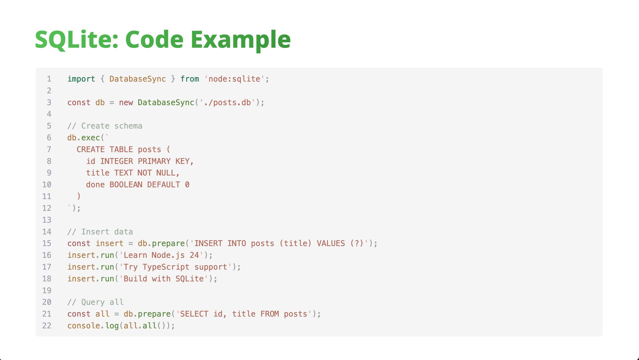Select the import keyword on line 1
[x=81, y=79]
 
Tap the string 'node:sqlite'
[x=234, y=79]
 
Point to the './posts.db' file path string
[x=227, y=103]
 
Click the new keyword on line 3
[x=126, y=103]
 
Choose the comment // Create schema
[x=105, y=126]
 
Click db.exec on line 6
[x=84, y=138]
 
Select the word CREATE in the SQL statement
[x=91, y=150]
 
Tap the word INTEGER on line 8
[x=116, y=161]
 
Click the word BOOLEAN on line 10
[x=126, y=185]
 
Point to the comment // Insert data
[x=100, y=232]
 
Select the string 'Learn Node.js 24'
[x=161, y=255]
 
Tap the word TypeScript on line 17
[x=166, y=267]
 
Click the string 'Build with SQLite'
[x=163, y=279]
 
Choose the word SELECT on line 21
[x=194, y=314]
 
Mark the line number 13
[x=47, y=220]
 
